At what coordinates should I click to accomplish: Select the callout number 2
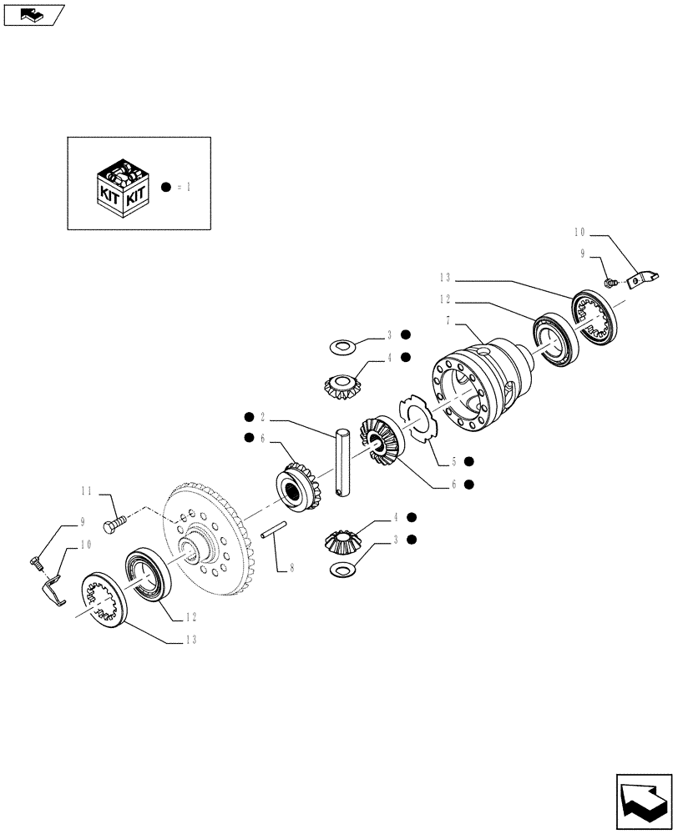pyautogui.click(x=262, y=416)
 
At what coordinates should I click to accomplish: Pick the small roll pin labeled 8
pyautogui.click(x=275, y=530)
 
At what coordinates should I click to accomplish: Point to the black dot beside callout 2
pyautogui.click(x=248, y=416)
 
